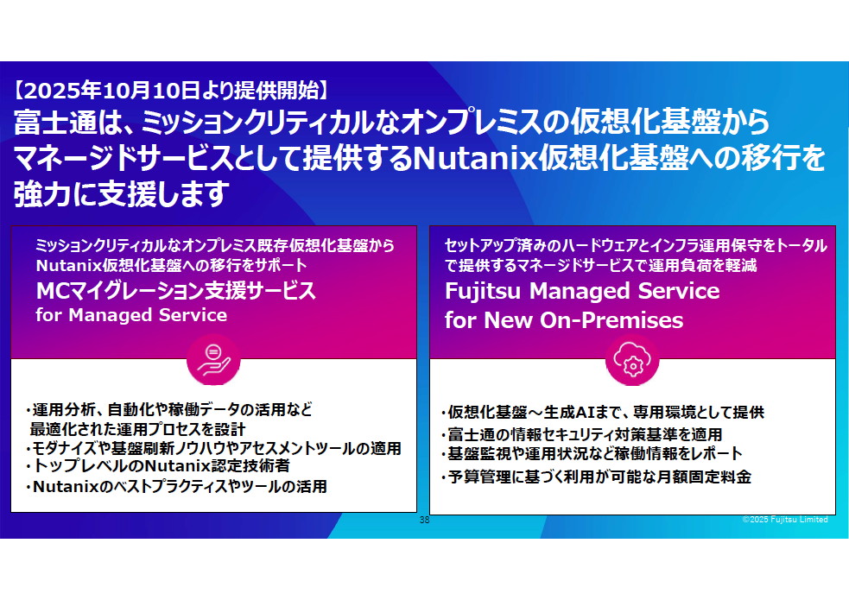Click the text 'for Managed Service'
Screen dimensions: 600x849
pyautogui.click(x=131, y=315)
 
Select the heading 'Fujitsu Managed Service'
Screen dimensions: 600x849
pyautogui.click(x=582, y=291)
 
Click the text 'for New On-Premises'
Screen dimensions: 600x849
pyautogui.click(x=564, y=320)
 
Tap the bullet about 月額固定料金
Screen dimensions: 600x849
pyautogui.click(x=596, y=476)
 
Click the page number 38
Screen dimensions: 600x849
pyautogui.click(x=424, y=521)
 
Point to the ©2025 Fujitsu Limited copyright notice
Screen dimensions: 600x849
pyautogui.click(x=784, y=520)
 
